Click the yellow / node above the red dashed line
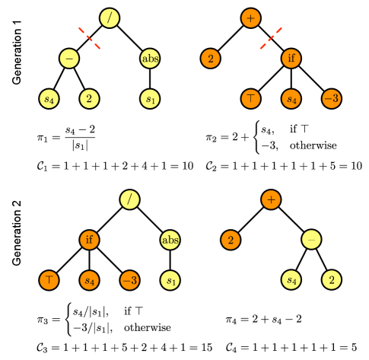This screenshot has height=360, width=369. coord(110,18)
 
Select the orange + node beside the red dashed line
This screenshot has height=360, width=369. coord(251,18)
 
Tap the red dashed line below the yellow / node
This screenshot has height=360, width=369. coord(90,38)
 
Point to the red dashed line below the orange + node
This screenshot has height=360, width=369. coord(271,38)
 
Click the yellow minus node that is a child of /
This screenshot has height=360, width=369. coord(69,58)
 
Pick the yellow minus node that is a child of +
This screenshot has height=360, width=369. coord(311,240)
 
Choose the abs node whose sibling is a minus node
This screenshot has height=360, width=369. coord(150,58)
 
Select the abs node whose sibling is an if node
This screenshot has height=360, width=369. coord(170,240)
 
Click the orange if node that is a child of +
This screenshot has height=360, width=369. coord(291,58)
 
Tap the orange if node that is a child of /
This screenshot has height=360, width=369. coord(90,240)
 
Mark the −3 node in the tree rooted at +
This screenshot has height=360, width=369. coord(331,98)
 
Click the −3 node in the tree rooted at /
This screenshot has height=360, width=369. coord(129,280)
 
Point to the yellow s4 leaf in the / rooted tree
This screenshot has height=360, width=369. coord(49,98)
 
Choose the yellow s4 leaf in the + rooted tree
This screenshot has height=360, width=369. coord(291,280)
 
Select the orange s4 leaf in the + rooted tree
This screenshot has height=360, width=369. coord(291,98)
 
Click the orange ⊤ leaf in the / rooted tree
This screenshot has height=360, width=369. coord(49,280)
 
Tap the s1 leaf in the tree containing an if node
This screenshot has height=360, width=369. coord(170,280)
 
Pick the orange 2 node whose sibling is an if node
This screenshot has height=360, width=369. coord(211,58)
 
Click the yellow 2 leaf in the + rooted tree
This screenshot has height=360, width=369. coord(331,280)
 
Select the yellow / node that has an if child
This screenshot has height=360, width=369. coord(130,199)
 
